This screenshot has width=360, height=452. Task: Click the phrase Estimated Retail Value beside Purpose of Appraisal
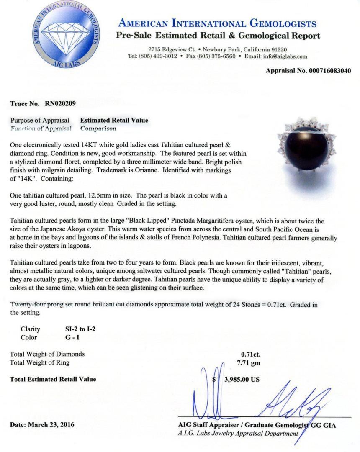[114, 120]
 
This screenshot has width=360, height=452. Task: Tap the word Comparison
[98, 128]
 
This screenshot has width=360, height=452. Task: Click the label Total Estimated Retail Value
[53, 379]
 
